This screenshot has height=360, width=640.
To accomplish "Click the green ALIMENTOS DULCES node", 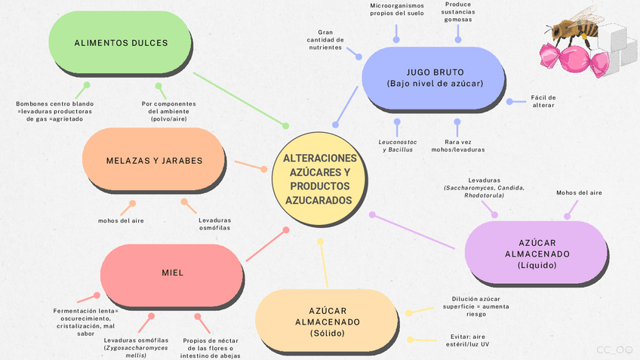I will [121, 43].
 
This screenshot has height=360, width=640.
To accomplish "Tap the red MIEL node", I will [172, 272].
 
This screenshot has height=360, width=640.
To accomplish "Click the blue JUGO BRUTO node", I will [434, 78].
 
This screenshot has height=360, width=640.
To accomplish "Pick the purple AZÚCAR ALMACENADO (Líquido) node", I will [537, 254].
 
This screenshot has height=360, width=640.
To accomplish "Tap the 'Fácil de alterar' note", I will [543, 101].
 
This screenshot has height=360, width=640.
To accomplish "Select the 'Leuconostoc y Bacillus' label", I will [397, 145].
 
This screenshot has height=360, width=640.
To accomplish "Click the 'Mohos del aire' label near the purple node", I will [579, 192].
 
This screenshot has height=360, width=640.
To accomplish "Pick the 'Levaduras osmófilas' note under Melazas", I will [214, 223].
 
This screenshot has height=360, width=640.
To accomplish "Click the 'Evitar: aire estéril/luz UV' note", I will [469, 341].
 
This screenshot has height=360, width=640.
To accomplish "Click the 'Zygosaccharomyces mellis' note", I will [136, 348].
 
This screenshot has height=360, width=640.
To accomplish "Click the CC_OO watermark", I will [614, 349].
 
